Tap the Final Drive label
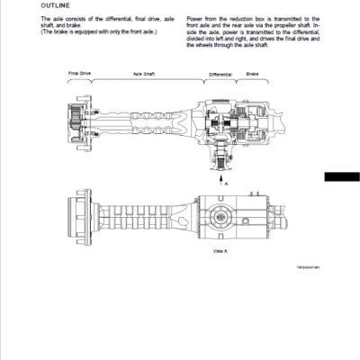(x=79, y=73)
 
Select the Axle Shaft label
(x=144, y=74)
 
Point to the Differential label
(x=220, y=74)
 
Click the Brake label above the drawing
(x=253, y=74)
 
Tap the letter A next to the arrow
(x=228, y=182)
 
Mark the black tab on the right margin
(x=342, y=177)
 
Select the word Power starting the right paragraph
(x=195, y=18)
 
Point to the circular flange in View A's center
(x=220, y=216)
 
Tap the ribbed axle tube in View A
(x=144, y=217)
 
